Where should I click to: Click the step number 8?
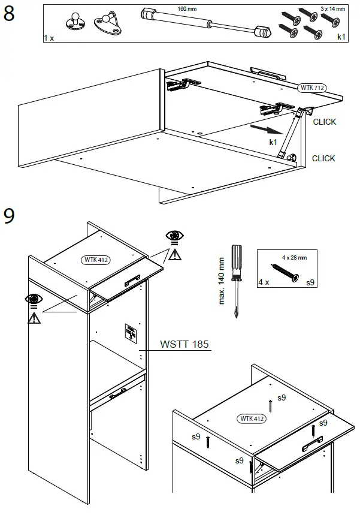10,14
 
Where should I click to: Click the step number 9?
10,216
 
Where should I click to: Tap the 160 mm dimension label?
187,9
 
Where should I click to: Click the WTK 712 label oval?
311,88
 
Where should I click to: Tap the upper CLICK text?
324,122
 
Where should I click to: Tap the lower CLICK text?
323,158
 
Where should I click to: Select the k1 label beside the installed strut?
273,142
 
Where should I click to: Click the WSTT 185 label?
184,345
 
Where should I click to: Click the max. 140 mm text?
222,281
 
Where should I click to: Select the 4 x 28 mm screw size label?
294,258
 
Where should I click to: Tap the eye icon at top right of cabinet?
175,236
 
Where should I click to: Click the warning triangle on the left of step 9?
34,317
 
